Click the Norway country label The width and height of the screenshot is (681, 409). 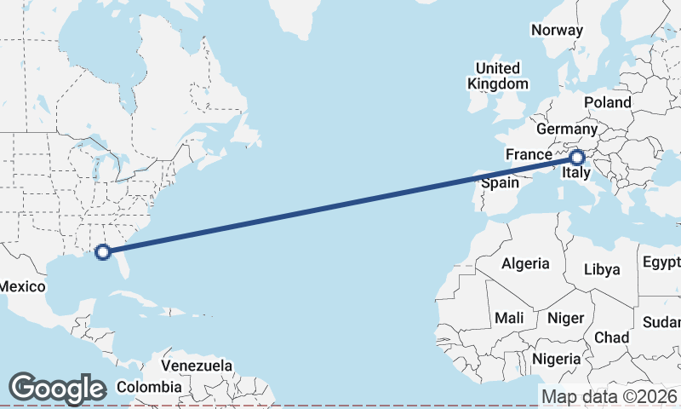point(557,30)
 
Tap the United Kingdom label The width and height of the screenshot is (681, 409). point(498,76)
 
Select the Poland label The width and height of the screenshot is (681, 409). point(608,102)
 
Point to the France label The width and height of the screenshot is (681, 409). point(528,154)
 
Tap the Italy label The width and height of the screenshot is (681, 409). point(576,176)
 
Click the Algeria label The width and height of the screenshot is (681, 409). point(525,263)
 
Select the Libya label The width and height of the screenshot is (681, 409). point(602,269)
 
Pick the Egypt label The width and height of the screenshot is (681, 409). point(661,261)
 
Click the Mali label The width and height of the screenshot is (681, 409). point(509,318)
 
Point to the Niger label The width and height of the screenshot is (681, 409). point(565,318)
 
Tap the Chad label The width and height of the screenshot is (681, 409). point(611,337)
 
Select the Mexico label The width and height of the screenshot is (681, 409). point(22,286)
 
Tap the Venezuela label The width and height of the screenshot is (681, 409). point(197,366)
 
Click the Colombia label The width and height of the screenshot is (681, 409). point(149,387)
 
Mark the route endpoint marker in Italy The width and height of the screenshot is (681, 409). point(577,157)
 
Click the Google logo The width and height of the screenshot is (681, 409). point(57,389)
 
